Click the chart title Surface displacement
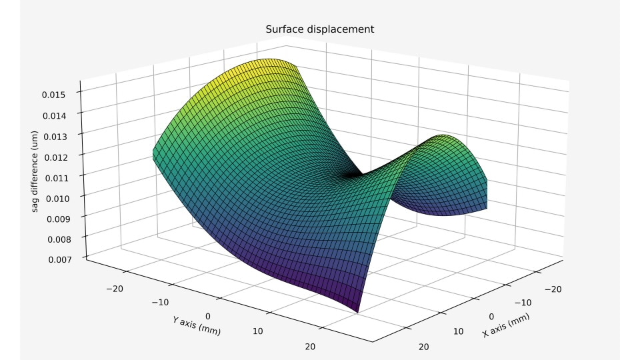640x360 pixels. pyautogui.click(x=319, y=29)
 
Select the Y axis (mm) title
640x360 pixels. pyautogui.click(x=196, y=325)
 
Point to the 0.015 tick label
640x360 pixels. pyautogui.click(x=62, y=95)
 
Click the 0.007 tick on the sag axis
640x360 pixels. pyautogui.click(x=62, y=259)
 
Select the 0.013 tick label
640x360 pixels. pyautogui.click(x=62, y=136)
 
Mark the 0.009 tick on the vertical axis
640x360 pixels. pyautogui.click(x=62, y=218)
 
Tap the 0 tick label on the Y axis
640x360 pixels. pyautogui.click(x=208, y=315)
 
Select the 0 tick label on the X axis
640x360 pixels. pyautogui.click(x=492, y=317)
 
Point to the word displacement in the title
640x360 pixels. pyautogui.click(x=343, y=29)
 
